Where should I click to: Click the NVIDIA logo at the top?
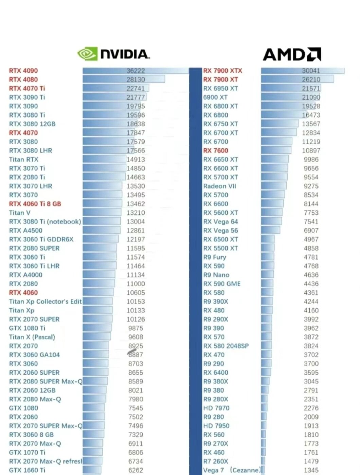(113, 54)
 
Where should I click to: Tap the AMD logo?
(292, 54)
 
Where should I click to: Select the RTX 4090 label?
(23, 71)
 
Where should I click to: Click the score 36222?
(136, 71)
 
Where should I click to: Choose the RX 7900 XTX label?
(222, 71)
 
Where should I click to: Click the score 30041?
(311, 71)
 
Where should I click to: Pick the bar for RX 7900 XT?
(297, 79)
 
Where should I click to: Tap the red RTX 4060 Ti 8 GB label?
(35, 204)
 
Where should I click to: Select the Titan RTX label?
(24, 159)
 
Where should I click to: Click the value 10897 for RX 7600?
(311, 150)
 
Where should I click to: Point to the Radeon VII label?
(219, 186)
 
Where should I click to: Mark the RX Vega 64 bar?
(271, 221)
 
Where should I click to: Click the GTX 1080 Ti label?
(27, 328)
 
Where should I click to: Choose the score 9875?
(136, 328)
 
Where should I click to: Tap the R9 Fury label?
(215, 257)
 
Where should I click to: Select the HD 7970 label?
(216, 408)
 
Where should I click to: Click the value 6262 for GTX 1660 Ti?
(136, 470)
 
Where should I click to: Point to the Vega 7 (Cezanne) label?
(231, 470)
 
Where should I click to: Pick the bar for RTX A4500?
(101, 230)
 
